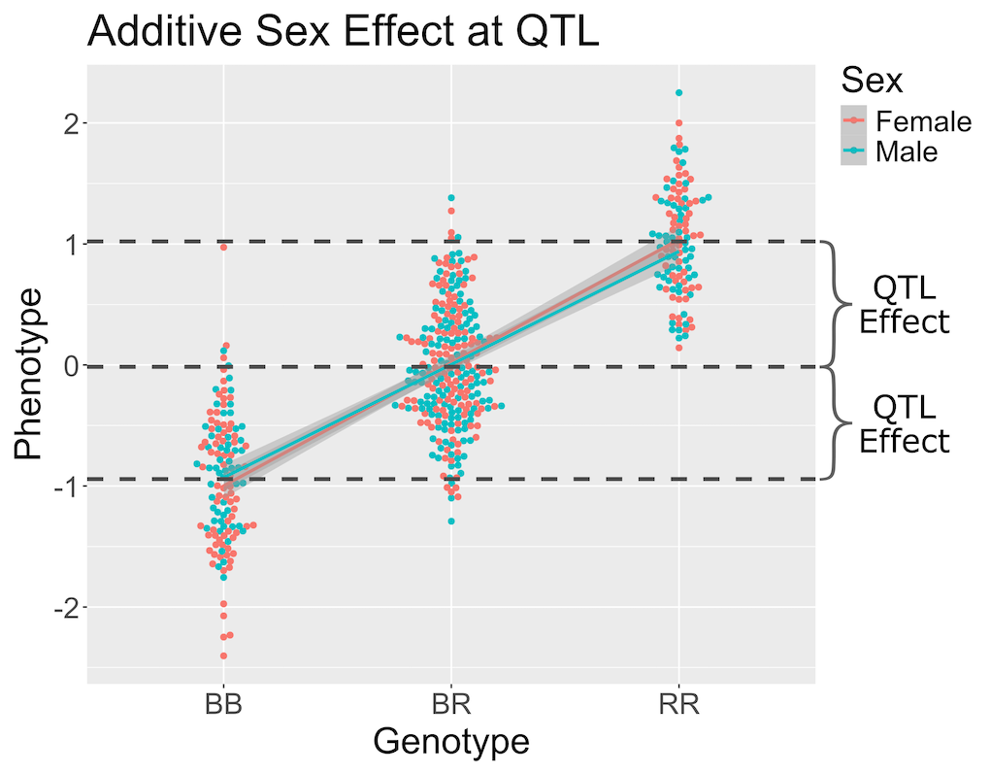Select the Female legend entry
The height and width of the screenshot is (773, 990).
click(x=922, y=121)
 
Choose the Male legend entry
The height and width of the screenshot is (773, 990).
click(x=907, y=151)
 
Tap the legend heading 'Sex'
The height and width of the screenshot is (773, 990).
click(x=872, y=80)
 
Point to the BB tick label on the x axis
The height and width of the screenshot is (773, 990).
click(x=223, y=704)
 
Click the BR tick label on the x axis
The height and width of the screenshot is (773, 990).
click(x=450, y=704)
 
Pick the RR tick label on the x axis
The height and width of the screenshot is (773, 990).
click(x=678, y=704)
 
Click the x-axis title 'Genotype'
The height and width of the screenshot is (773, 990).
click(x=451, y=742)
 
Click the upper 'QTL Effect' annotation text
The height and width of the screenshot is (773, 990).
click(x=904, y=304)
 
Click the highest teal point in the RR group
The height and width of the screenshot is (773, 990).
click(x=678, y=93)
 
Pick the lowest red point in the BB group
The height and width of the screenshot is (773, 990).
click(x=223, y=656)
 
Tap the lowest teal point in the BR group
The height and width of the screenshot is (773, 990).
click(x=451, y=521)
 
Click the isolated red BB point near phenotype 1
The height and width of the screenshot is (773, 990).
click(x=223, y=248)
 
